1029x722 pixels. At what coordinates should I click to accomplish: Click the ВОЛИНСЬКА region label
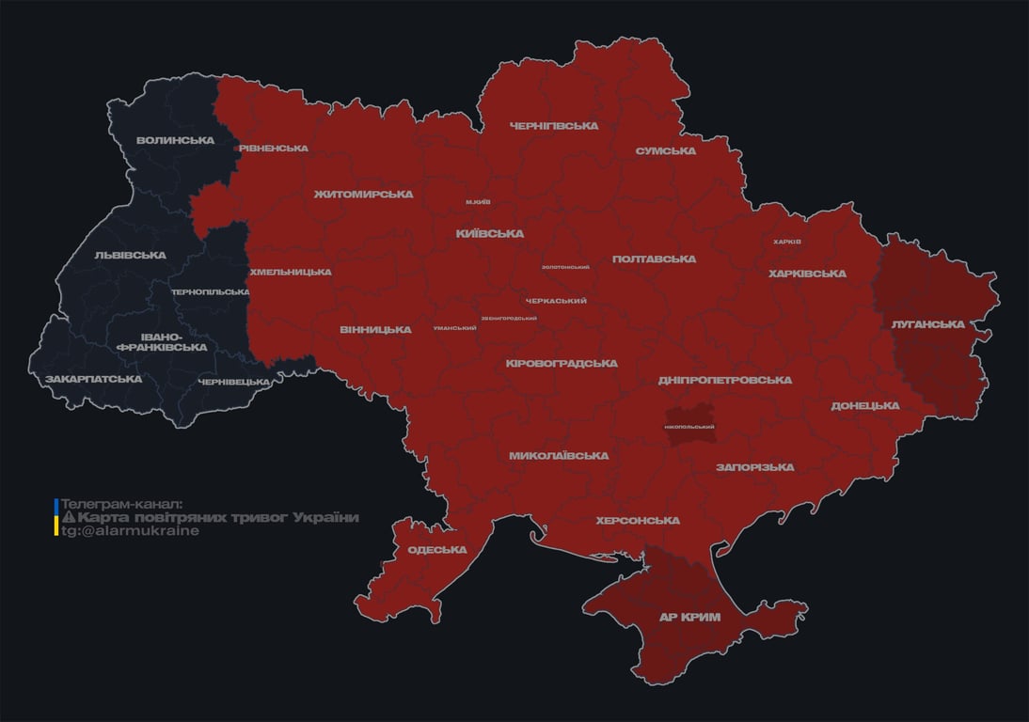175,140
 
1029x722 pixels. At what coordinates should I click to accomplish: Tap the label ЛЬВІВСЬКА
130,255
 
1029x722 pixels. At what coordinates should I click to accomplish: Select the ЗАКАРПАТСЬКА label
93,379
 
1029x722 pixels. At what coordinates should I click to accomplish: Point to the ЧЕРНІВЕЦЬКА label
234,382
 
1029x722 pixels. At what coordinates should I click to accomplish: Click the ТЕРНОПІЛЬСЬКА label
210,292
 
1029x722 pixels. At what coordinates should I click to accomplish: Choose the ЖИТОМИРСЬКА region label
363,194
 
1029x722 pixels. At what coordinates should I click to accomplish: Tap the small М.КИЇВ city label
478,202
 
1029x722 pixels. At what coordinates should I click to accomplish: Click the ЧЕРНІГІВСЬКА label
554,125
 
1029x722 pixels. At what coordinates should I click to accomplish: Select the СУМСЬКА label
665,150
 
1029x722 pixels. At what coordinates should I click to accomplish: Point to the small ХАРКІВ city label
786,242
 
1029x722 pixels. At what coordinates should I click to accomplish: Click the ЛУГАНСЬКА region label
927,323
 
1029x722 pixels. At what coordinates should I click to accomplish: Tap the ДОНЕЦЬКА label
864,405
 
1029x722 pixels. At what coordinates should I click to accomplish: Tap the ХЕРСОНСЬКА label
637,520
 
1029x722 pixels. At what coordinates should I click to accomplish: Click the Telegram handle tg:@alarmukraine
130,531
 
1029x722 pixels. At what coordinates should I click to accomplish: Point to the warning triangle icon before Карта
68,518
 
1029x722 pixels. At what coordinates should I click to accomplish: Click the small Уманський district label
454,328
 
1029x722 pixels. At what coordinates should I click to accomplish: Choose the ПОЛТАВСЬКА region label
654,259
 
